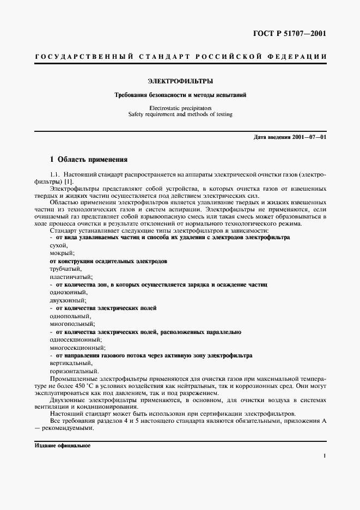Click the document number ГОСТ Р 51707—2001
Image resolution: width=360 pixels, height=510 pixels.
tap(296, 34)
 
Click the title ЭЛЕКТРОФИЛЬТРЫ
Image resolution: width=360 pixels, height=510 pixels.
tap(180, 81)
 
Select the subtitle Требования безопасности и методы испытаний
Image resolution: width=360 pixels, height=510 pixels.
tap(180, 95)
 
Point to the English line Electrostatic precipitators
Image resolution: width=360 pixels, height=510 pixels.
tap(180, 108)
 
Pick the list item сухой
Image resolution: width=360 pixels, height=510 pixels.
tap(58, 245)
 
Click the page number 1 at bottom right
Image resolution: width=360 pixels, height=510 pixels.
tap(324, 457)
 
